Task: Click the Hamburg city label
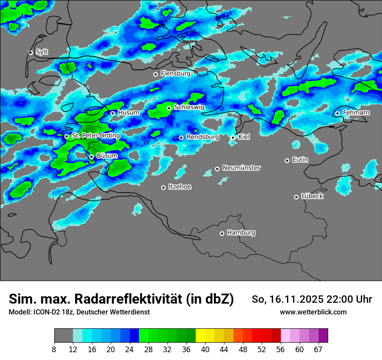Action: [x=241, y=232]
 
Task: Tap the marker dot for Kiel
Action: [x=233, y=137]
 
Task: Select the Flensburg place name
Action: [x=175, y=74]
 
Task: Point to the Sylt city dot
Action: [x=31, y=52]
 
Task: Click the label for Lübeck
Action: [x=312, y=196]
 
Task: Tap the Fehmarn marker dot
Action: [x=338, y=113]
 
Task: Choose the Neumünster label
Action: [x=241, y=167]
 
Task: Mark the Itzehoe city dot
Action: [x=163, y=187]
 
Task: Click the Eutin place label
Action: [x=300, y=160]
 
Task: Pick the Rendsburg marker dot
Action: [x=181, y=137]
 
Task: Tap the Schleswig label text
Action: [x=189, y=107]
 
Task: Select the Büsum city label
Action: [x=107, y=156]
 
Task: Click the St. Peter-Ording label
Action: [x=96, y=135]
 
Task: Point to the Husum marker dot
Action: [x=112, y=113]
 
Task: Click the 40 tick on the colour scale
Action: [x=205, y=349]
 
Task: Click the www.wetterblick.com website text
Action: [x=313, y=312]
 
